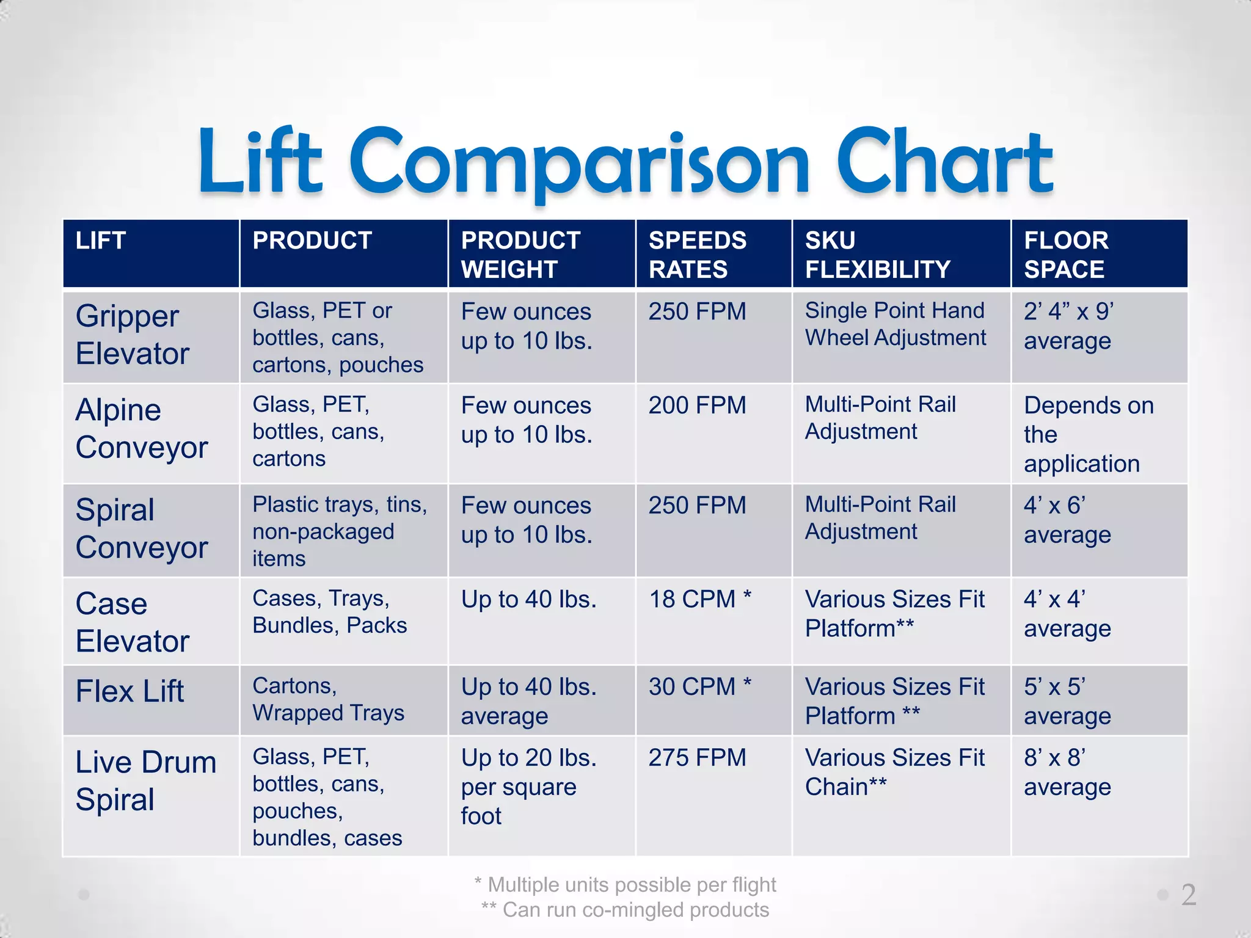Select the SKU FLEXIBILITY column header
[x=877, y=255]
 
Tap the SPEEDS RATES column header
[x=697, y=255]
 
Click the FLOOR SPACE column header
[x=1066, y=255]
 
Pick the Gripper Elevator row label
[x=133, y=335]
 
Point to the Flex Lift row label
[x=129, y=691]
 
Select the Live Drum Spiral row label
[x=145, y=780]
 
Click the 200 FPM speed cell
[x=697, y=405]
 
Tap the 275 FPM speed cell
[x=697, y=758]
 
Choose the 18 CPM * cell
[x=699, y=599]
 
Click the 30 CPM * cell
[x=699, y=687]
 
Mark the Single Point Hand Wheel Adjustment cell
[x=895, y=324]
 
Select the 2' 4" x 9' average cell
[x=1068, y=326]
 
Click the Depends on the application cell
[x=1088, y=434]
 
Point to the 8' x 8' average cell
[x=1067, y=773]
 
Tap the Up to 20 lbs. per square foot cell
[x=528, y=787]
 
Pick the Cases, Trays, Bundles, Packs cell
[x=329, y=612]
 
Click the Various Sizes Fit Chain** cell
[x=894, y=773]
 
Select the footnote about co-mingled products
[x=625, y=910]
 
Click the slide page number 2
[x=1188, y=895]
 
